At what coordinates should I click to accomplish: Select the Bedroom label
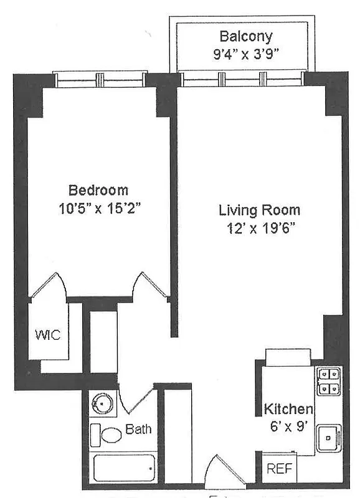[x=98, y=190]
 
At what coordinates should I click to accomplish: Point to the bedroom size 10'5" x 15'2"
[x=98, y=207]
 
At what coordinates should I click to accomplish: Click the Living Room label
[x=259, y=210]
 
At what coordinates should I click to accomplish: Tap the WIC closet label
[x=47, y=336]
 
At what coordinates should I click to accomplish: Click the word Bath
[x=138, y=429]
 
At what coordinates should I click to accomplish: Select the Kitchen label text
[x=288, y=409]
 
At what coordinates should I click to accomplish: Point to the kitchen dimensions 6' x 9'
[x=288, y=427]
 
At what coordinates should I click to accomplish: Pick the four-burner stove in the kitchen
[x=328, y=381]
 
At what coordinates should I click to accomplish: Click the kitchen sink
[x=329, y=438]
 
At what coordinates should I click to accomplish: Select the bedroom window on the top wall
[x=100, y=80]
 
